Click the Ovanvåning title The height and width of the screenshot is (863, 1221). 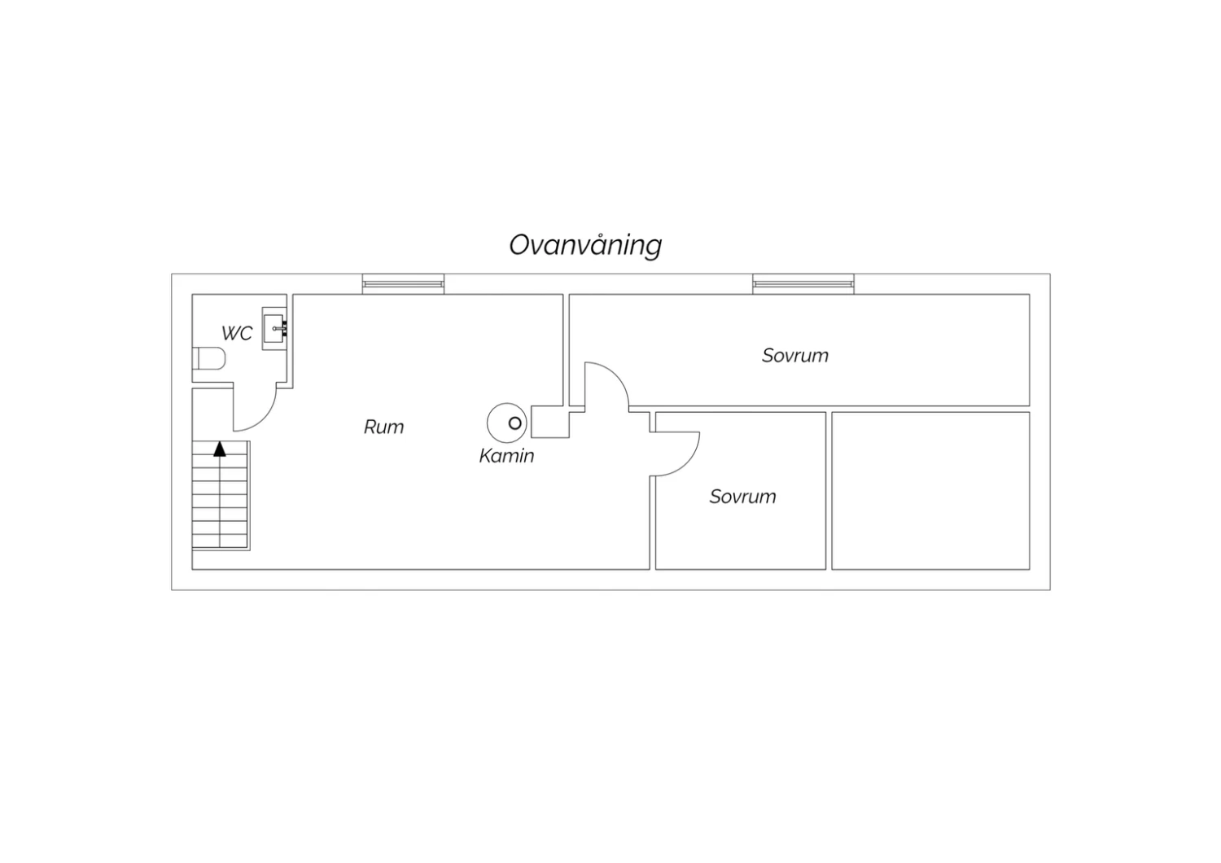(585, 245)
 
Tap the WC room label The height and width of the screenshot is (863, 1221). (237, 333)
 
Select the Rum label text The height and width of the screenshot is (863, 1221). (383, 427)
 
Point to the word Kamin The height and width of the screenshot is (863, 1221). (506, 456)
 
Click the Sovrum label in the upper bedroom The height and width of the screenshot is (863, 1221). (795, 356)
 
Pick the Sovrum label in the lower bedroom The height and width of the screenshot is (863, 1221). (743, 496)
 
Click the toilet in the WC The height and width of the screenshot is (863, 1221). (208, 358)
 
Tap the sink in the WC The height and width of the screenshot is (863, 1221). (274, 329)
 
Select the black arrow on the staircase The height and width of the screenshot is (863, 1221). (220, 449)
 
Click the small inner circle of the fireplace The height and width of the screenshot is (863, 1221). (514, 423)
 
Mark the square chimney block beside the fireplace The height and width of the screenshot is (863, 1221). (550, 422)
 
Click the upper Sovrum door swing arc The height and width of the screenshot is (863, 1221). (606, 383)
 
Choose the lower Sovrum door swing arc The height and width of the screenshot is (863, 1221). (675, 454)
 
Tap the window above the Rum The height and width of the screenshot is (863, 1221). (404, 284)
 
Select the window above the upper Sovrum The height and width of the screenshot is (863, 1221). (803, 284)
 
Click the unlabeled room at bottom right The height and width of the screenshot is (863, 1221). (930, 491)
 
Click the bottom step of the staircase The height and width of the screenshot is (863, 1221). (220, 541)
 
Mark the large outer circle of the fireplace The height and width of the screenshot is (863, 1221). (507, 423)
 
